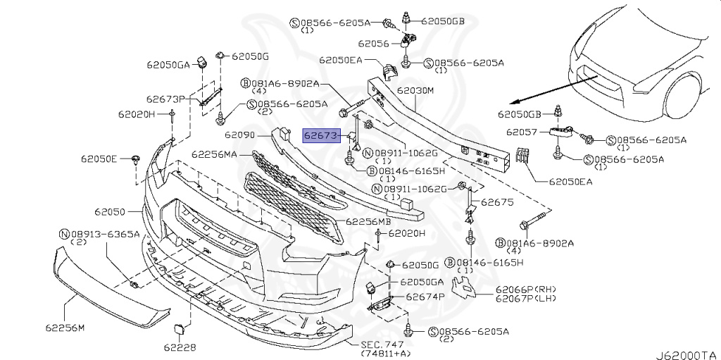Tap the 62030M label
[x=415, y=91]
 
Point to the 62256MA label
[x=215, y=154]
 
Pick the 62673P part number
[x=165, y=99]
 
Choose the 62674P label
[x=425, y=297]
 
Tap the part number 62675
[x=498, y=202]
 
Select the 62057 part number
[x=522, y=132]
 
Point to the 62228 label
[x=180, y=347]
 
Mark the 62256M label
[x=65, y=328]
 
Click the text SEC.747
[x=383, y=344]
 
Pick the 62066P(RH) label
[x=524, y=290]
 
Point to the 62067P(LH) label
[x=524, y=299]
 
